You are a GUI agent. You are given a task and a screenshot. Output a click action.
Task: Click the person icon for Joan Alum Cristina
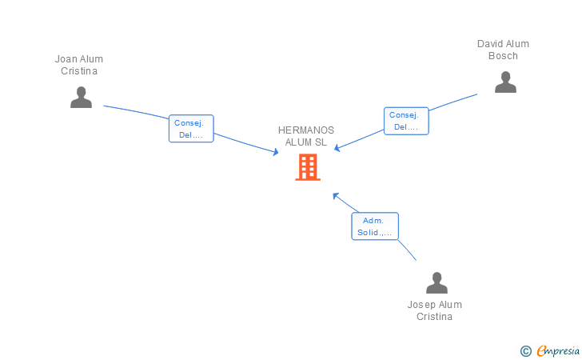click(81, 98)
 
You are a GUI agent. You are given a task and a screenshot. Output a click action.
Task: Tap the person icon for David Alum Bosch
click(505, 82)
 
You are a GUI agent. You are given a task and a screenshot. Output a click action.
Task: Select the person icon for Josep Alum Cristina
click(436, 282)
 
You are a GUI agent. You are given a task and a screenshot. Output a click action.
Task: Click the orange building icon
click(308, 167)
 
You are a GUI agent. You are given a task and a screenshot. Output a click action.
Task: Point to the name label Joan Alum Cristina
click(79, 65)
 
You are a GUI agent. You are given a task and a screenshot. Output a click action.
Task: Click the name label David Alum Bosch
click(503, 50)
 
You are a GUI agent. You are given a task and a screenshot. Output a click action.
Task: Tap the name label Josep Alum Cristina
click(435, 310)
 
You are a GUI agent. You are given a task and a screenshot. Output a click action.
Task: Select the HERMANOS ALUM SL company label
click(306, 136)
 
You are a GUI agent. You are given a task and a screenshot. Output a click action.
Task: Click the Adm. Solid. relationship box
click(375, 226)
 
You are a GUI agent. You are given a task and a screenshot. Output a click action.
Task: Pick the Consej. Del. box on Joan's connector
click(191, 129)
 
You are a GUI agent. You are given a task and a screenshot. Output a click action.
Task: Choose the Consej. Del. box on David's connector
click(406, 121)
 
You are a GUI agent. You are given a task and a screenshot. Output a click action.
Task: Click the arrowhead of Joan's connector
click(276, 152)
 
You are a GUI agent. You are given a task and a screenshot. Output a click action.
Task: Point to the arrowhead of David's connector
click(337, 148)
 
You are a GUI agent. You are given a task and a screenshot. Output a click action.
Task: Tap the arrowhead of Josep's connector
click(336, 196)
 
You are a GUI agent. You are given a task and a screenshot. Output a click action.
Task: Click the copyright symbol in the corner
click(525, 351)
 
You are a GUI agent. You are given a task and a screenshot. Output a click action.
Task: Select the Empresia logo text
click(558, 351)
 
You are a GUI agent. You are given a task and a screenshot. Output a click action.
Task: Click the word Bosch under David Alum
click(503, 56)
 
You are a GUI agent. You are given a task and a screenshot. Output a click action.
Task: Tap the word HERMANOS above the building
click(306, 130)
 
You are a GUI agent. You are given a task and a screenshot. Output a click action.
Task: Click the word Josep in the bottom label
click(421, 305)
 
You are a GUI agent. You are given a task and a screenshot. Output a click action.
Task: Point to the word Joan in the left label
click(66, 59)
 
